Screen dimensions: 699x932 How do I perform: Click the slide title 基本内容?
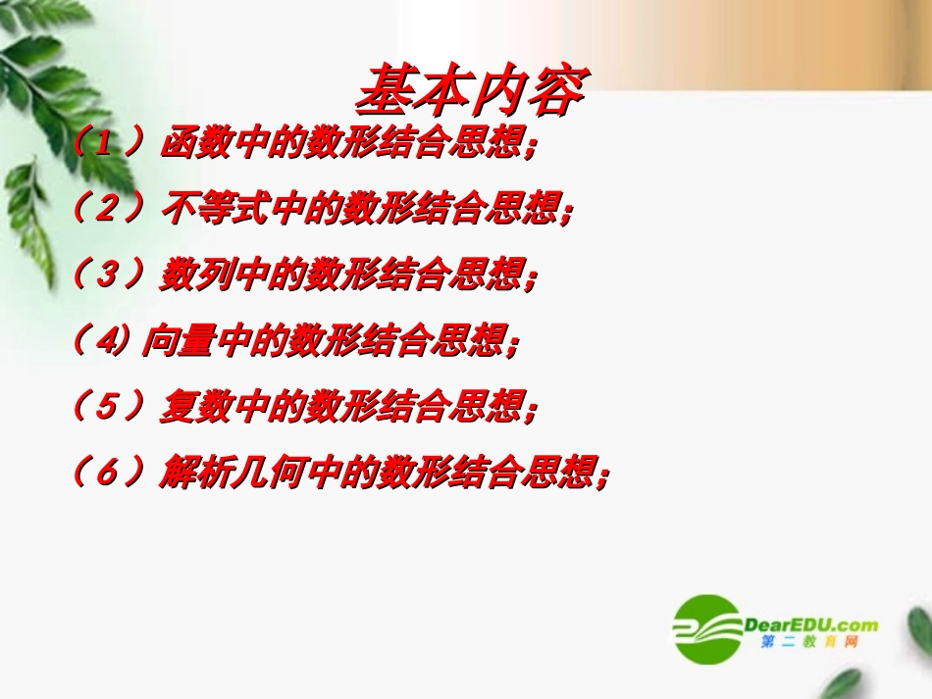pyautogui.click(x=470, y=91)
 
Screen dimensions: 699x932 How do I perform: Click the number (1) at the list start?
pyautogui.click(x=109, y=144)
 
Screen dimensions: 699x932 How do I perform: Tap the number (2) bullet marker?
pyautogui.click(x=109, y=210)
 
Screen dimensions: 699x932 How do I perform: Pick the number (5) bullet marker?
pyautogui.click(x=109, y=407)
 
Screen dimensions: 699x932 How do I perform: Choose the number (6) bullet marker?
pyautogui.click(x=109, y=473)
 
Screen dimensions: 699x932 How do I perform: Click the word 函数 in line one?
pyautogui.click(x=183, y=144)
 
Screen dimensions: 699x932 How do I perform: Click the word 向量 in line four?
pyautogui.click(x=168, y=341)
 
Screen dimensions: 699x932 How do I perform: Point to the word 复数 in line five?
pyautogui.click(x=183, y=407)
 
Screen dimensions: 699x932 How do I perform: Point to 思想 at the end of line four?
pyautogui.click(x=477, y=341)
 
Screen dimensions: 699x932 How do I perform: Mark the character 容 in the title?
pyautogui.click(x=556, y=91)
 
